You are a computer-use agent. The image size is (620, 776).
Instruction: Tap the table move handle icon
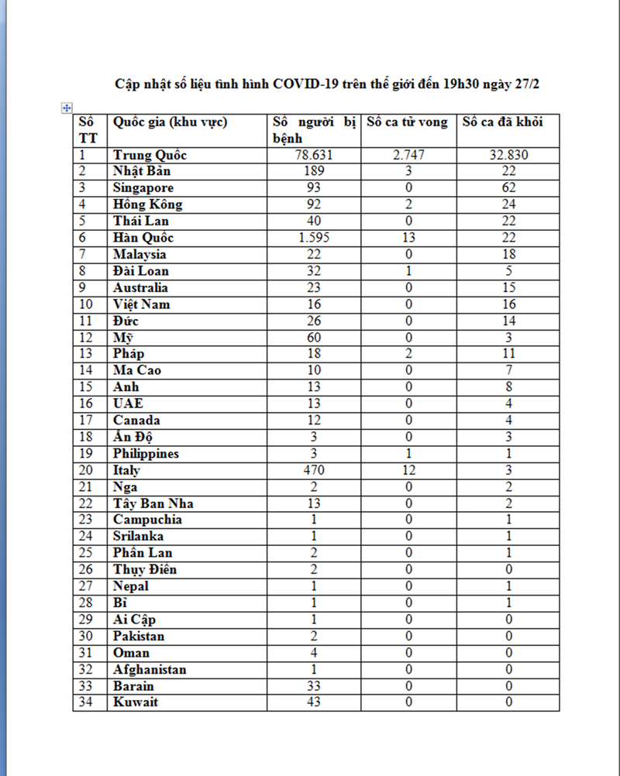[67, 108]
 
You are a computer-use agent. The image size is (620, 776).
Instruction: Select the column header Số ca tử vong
[407, 122]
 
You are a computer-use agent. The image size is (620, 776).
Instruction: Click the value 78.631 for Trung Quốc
[314, 155]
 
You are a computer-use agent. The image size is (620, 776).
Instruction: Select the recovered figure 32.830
[508, 155]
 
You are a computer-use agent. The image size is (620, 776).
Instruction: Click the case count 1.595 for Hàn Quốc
[314, 238]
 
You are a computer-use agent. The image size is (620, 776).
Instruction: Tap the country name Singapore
[143, 188]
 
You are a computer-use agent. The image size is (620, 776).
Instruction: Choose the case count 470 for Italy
[314, 470]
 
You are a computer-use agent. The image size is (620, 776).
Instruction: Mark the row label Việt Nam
[142, 304]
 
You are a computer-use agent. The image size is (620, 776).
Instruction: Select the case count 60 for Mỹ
[314, 338]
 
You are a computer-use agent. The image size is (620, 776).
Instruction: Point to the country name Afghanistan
[150, 669]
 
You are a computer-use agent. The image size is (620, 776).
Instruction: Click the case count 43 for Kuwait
[314, 702]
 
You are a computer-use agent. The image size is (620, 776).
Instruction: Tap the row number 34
[87, 702]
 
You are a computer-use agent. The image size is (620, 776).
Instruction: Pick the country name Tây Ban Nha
[153, 503]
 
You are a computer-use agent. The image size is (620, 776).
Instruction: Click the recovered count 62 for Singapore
[508, 188]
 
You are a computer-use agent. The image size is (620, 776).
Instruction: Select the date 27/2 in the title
[525, 84]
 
